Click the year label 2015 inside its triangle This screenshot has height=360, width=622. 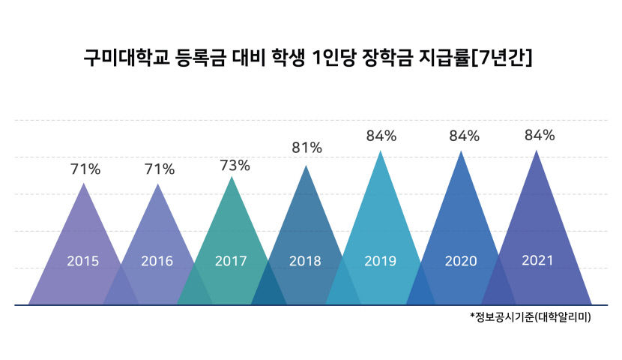point(83,262)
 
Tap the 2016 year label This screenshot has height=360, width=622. point(157,262)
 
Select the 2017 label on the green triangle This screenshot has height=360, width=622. point(231,262)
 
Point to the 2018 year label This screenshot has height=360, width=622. point(305,262)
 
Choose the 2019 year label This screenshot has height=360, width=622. point(380,262)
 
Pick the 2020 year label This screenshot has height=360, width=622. point(461,262)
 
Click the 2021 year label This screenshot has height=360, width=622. point(537,260)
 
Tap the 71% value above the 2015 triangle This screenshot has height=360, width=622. point(85,169)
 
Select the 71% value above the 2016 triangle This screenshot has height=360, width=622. point(159,169)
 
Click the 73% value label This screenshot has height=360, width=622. point(235,165)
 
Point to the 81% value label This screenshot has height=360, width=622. point(307,148)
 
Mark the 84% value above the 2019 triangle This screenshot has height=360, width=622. point(381,136)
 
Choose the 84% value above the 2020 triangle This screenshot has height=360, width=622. point(464,136)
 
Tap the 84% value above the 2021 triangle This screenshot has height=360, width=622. point(540,135)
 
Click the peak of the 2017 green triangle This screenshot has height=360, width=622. point(232,178)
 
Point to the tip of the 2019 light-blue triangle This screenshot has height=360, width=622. point(381,151)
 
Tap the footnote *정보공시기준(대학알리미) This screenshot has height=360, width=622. point(531,317)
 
